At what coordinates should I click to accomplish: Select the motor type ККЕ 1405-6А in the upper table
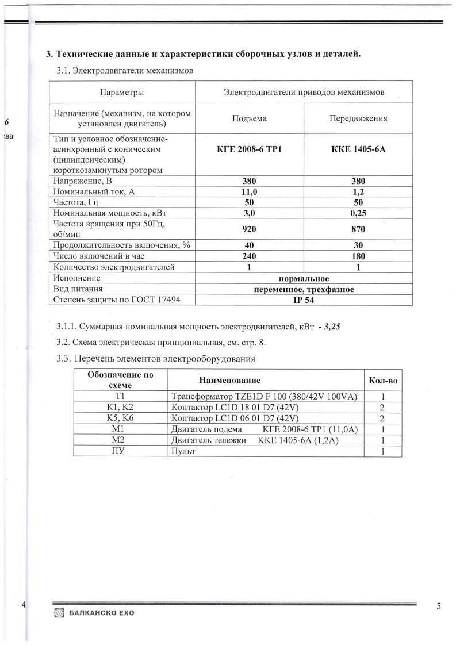tap(358, 149)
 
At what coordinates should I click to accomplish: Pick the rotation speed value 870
tap(358, 229)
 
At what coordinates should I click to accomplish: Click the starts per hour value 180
tap(358, 256)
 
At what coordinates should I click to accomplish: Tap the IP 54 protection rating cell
tap(304, 300)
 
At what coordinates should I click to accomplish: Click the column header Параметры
tap(122, 92)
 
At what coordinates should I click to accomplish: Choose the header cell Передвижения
tap(358, 118)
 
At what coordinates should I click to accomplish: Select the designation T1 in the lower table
tap(120, 397)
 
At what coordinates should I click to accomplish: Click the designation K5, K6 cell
tap(120, 418)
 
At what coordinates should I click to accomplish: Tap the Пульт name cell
tap(184, 451)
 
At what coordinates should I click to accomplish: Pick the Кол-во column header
tap(382, 381)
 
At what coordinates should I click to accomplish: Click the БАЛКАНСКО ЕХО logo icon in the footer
tap(58, 613)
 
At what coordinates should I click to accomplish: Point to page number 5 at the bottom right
tap(439, 606)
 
